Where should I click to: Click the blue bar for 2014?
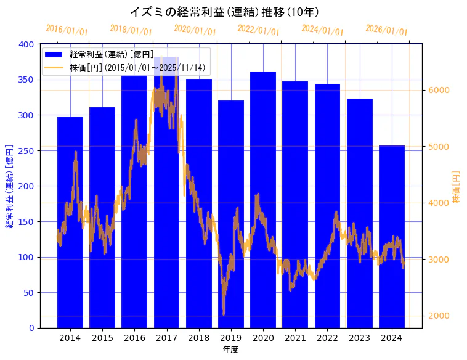(70, 222)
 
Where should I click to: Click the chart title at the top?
(225, 12)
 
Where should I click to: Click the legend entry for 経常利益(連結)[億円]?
(112, 54)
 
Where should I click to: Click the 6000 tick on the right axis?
(438, 90)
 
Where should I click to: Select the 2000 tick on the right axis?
(438, 316)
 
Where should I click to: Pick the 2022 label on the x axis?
(327, 338)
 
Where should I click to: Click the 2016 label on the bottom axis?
(134, 338)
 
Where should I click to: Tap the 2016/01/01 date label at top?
(67, 30)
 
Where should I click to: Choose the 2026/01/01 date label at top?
(387, 30)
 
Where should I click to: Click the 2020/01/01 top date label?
(195, 30)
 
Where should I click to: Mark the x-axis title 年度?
(230, 350)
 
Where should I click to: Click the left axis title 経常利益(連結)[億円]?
(9, 186)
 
